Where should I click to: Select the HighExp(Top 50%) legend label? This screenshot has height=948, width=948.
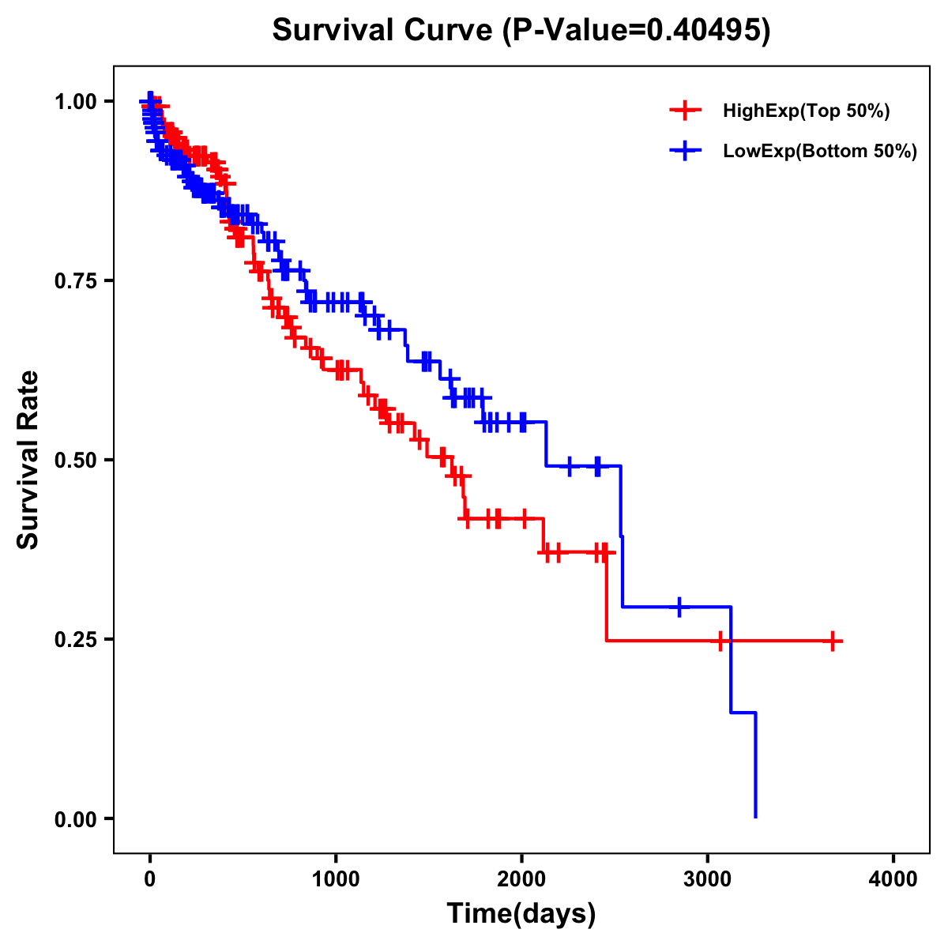[x=806, y=111]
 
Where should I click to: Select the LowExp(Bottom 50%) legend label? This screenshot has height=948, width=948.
[x=819, y=152]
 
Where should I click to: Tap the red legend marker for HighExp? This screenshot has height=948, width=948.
[x=685, y=111]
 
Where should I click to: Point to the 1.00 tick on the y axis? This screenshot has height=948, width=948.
[x=75, y=101]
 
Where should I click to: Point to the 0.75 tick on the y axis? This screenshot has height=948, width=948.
[x=75, y=280]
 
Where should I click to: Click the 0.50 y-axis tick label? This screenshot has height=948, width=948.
[x=75, y=460]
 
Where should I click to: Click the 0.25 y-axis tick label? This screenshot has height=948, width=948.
[x=75, y=639]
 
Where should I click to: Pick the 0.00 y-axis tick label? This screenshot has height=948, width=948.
[x=75, y=818]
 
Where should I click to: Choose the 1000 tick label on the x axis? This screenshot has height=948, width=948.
[x=336, y=880]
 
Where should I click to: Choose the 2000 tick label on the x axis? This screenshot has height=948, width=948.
[x=521, y=880]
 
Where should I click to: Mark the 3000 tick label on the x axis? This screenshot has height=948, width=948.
[x=708, y=880]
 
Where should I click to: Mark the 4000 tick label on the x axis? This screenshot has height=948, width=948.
[x=893, y=880]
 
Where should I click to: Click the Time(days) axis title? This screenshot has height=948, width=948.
[x=521, y=914]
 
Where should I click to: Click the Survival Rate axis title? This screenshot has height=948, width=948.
[x=28, y=460]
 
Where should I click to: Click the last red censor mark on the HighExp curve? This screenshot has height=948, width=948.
[x=833, y=641]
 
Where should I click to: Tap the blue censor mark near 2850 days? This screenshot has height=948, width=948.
[x=679, y=607]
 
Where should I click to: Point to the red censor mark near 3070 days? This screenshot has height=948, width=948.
[x=720, y=641]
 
